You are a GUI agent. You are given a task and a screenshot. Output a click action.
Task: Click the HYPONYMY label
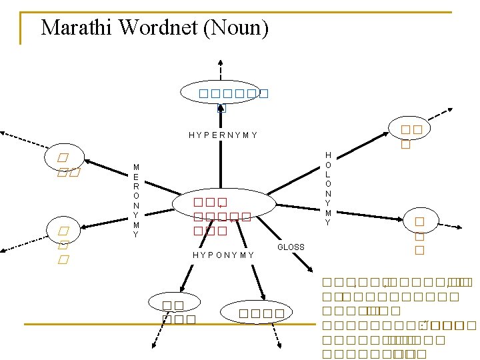[x=223, y=255]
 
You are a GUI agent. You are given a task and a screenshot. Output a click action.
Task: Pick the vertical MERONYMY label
[x=136, y=201]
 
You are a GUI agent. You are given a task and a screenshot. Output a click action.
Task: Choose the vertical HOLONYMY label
[x=327, y=189]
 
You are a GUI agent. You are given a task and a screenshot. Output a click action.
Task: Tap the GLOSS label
[x=291, y=247]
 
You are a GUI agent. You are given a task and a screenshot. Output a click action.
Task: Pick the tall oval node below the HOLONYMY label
[x=419, y=235]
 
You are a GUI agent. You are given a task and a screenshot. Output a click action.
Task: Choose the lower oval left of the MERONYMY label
[x=64, y=244]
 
